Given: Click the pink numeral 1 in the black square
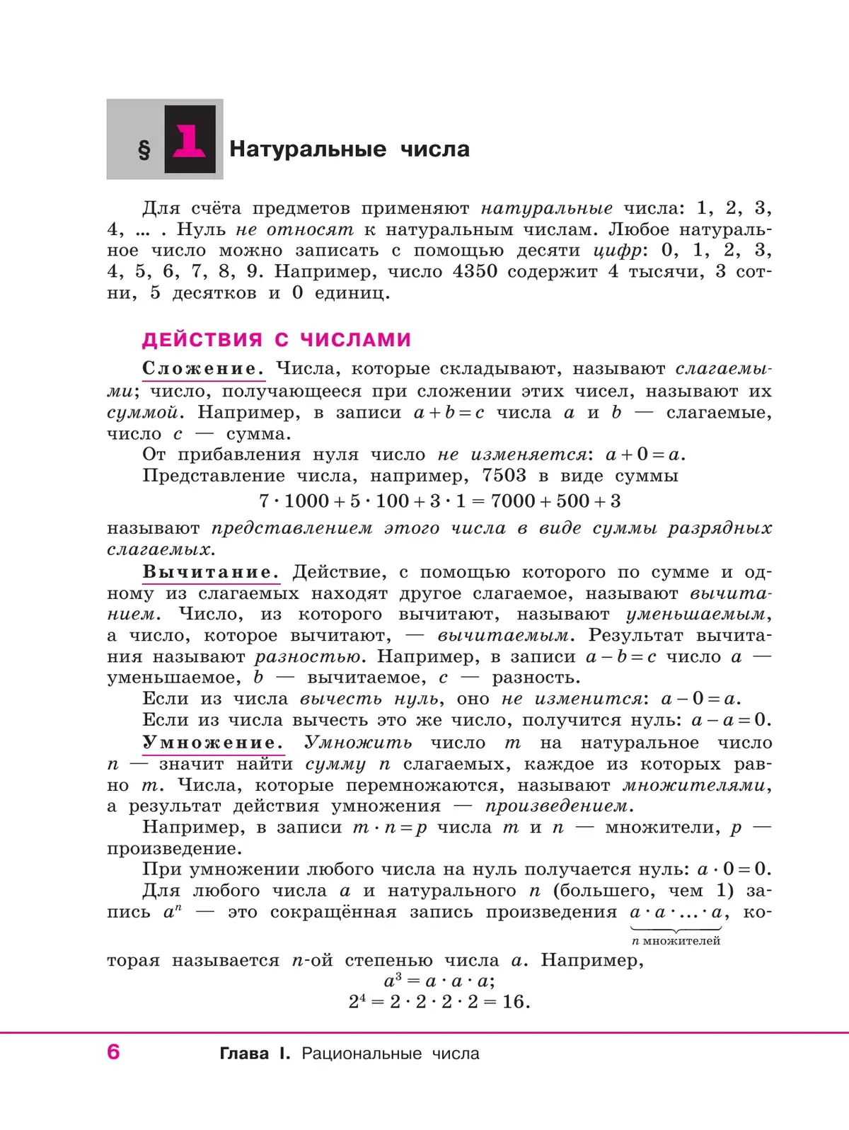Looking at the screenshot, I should point(190,140).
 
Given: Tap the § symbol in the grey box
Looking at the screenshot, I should point(144,149).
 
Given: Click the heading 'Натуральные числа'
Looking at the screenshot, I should point(350,149).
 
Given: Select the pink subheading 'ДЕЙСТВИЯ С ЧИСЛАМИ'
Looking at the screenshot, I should point(277,340).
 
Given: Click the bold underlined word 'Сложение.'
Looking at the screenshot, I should point(203,369).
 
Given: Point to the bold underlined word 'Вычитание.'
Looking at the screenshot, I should point(211,572).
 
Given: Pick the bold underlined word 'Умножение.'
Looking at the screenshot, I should point(213,743).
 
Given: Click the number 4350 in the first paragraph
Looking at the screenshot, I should point(475,272).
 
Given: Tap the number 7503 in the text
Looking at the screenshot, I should point(504,476).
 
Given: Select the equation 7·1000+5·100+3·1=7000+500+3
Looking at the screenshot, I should point(439,501).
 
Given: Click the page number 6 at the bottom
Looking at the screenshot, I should point(113,1052).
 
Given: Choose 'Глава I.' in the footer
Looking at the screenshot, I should point(255,1054).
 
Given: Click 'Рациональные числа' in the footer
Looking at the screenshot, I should point(391,1054).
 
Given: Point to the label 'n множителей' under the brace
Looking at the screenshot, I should point(676,941).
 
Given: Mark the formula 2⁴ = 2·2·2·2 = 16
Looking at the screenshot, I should point(439,1002).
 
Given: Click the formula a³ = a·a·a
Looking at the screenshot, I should point(439,981).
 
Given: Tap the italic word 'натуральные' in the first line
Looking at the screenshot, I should point(547,209).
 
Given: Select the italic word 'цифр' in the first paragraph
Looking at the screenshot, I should point(617,251).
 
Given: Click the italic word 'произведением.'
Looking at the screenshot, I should point(559,806).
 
